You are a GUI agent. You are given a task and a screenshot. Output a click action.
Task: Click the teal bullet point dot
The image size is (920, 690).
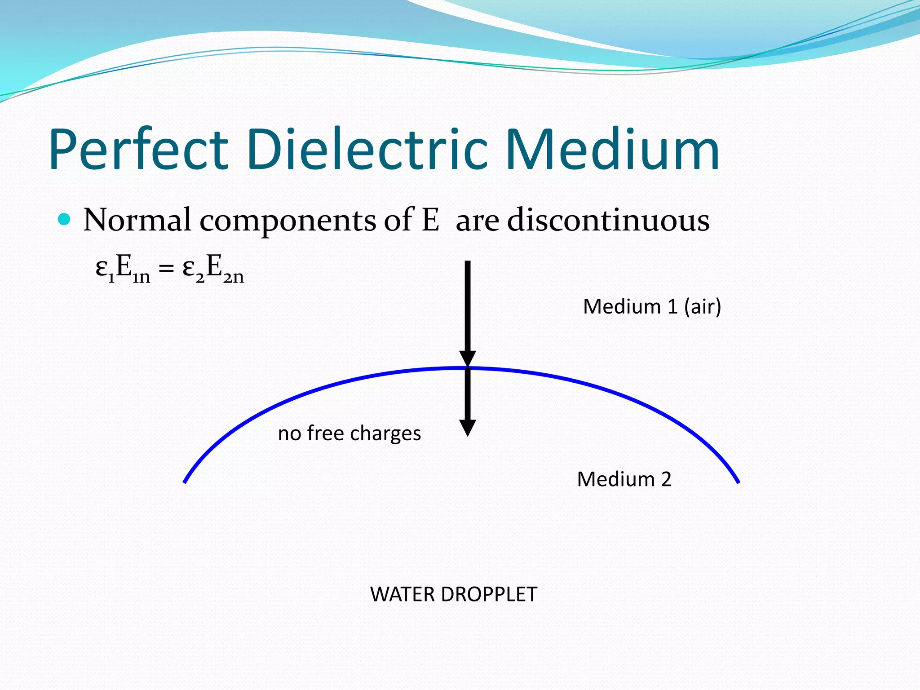(x=65, y=219)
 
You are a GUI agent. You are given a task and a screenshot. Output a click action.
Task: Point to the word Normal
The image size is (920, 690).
(x=137, y=220)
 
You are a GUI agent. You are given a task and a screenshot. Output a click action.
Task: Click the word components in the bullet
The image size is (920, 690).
(x=287, y=221)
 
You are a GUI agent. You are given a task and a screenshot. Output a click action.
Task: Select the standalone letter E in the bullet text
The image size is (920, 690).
(x=430, y=220)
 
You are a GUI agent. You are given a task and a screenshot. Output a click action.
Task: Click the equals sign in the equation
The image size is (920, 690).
(x=166, y=269)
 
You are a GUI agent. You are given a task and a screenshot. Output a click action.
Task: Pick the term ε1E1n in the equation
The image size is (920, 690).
(x=123, y=269)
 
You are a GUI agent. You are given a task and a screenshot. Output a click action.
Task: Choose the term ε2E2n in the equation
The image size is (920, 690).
(x=213, y=269)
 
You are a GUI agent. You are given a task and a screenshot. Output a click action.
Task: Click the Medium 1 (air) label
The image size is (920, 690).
(x=652, y=307)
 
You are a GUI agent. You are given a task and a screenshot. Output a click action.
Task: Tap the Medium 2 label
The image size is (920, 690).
(x=624, y=479)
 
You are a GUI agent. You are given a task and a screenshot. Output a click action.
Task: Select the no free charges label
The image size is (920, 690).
(x=349, y=433)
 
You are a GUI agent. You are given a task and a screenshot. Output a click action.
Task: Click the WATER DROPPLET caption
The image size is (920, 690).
(x=453, y=594)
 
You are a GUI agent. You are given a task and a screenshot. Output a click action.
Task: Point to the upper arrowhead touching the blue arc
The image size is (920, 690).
(x=467, y=359)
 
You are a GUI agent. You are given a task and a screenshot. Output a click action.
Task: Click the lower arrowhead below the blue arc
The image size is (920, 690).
(x=467, y=428)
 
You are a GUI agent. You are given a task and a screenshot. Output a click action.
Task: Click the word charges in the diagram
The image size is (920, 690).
(x=385, y=434)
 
